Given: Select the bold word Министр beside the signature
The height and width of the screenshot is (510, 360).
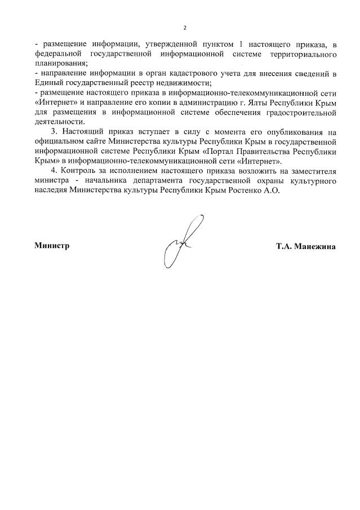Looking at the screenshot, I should point(52,246).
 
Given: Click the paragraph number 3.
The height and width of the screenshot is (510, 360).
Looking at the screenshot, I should point(54,132).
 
